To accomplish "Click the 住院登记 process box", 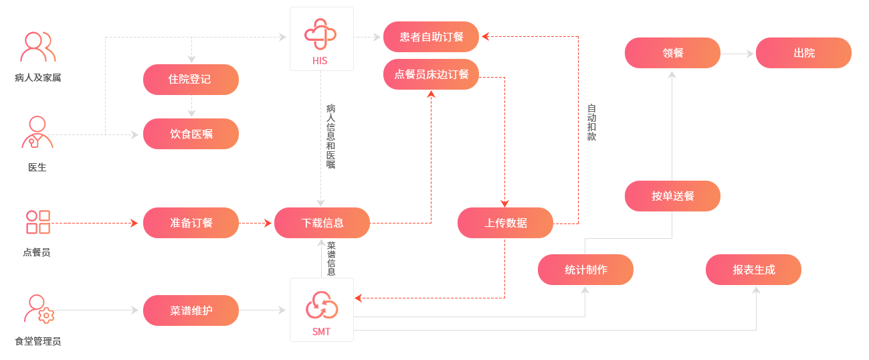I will pos(191,80).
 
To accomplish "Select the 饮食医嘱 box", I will pos(191,134).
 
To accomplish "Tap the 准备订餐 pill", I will pos(191,223).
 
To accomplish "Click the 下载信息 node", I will pos(322,223).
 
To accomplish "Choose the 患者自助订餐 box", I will pos(431,37).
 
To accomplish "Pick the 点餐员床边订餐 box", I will pos(431,74).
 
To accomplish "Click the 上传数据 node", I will pos(505,223).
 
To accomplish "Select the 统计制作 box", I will pos(585,270).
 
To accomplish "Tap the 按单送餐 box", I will pos(672,196).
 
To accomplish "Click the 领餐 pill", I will pos(672,53).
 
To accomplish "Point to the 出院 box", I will pos(803,53).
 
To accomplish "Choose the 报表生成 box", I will pos(753,270).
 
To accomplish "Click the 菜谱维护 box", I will pos(191,310).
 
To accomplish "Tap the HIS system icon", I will pos(321,33).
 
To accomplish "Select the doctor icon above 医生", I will pos(37,132).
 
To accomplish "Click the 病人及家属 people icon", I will pos(37,47).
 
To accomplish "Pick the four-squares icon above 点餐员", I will pos(37,221).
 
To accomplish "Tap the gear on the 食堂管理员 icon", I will pos(46,316).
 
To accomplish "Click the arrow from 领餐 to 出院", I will pos(738,54).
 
